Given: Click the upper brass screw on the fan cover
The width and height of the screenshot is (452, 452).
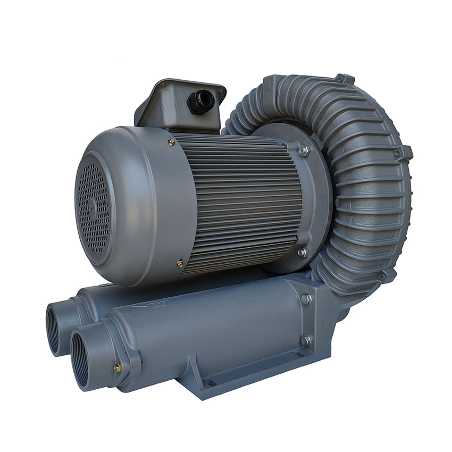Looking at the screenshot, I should (172, 142).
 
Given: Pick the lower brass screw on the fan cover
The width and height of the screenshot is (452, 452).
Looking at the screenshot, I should (180, 263).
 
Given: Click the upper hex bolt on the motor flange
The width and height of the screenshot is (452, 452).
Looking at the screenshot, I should (304, 150).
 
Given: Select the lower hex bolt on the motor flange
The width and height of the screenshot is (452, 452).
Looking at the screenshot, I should (303, 252).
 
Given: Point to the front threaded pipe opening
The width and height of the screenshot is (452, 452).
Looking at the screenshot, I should (81, 359).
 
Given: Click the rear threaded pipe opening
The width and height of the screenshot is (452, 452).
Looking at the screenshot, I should (55, 329).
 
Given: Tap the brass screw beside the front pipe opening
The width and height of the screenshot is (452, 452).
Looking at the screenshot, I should (117, 367).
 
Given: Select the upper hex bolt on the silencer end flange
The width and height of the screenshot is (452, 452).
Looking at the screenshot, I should (306, 299).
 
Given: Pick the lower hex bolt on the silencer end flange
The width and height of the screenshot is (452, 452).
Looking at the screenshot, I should (305, 341).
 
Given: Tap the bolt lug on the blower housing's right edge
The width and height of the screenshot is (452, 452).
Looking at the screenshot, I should (406, 153).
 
